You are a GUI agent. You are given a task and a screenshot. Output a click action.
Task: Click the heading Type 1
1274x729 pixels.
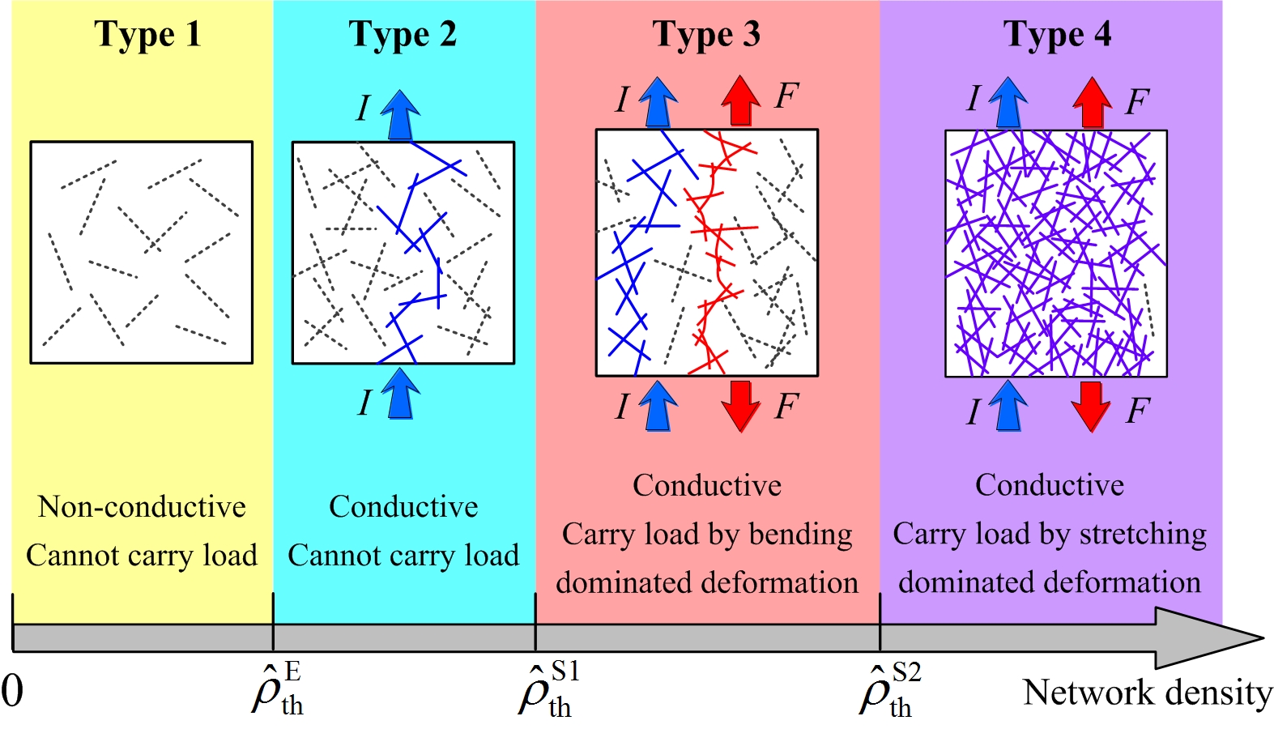click(147, 35)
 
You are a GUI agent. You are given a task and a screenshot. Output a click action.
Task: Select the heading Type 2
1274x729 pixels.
click(403, 35)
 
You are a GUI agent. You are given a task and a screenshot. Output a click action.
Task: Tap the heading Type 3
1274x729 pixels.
click(706, 35)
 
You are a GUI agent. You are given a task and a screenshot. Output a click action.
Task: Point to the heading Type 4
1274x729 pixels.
click(1057, 35)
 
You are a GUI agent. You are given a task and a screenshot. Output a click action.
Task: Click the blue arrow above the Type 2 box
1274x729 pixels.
click(400, 114)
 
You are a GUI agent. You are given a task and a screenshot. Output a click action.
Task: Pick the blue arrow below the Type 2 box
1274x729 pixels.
click(400, 394)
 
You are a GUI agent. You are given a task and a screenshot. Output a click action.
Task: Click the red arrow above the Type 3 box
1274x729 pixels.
click(740, 100)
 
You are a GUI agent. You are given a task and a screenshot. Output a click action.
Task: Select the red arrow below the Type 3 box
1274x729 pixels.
click(740, 406)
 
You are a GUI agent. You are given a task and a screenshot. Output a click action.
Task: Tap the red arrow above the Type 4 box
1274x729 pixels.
click(1092, 102)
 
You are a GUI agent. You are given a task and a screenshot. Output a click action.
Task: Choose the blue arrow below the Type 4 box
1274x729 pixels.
click(1008, 406)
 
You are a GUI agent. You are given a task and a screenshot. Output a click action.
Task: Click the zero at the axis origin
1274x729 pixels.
click(12, 692)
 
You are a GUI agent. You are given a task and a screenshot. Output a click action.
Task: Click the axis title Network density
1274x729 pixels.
click(1148, 693)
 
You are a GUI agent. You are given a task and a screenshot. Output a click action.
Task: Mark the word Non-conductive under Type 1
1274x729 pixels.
click(142, 507)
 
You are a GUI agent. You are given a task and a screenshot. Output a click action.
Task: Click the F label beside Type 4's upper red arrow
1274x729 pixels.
click(1137, 102)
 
